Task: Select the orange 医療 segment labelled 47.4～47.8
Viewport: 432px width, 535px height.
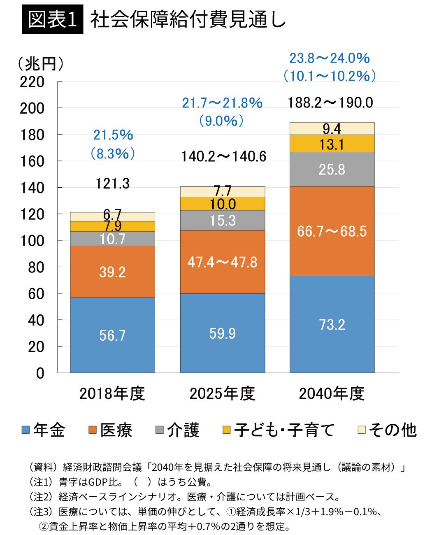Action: click(223, 262)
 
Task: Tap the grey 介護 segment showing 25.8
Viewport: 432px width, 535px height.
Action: click(332, 169)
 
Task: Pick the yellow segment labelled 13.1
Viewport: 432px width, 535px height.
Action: click(332, 144)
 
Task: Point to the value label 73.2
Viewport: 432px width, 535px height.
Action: click(332, 325)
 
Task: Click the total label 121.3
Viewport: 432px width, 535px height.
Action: click(112, 184)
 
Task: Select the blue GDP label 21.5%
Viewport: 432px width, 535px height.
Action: click(113, 135)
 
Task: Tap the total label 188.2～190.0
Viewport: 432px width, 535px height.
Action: click(330, 102)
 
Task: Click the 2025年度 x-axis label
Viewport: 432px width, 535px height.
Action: click(222, 394)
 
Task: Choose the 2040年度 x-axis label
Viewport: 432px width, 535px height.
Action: click(332, 394)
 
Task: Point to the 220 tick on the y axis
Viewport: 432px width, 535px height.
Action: click(32, 82)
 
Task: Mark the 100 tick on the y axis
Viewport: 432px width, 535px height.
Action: click(32, 241)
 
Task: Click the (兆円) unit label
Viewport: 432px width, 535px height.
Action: click(40, 64)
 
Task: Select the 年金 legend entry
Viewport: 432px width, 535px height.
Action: click(44, 430)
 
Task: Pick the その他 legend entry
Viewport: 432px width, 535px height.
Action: click(387, 430)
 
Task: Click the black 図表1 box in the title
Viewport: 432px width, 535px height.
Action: click(53, 19)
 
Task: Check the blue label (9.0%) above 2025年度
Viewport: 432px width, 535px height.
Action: click(222, 121)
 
